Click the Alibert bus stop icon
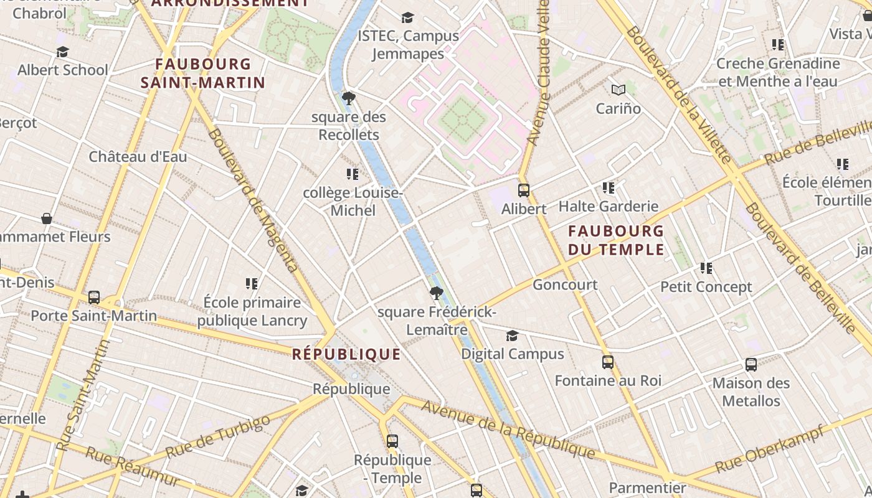point(524,190)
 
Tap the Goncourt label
point(565,285)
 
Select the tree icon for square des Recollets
point(349,98)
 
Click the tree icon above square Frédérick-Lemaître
point(437,293)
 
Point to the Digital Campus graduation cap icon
point(512,336)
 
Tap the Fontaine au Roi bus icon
point(608,362)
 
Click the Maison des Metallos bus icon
point(751,365)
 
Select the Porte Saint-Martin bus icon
point(94,298)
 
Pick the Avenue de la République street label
point(508,430)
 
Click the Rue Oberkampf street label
point(770,449)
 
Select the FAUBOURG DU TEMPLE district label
point(616,240)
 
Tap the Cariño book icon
point(618,90)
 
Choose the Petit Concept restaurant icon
point(706,268)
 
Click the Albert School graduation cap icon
point(62,52)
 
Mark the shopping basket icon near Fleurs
point(47,218)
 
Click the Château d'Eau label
point(138,157)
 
